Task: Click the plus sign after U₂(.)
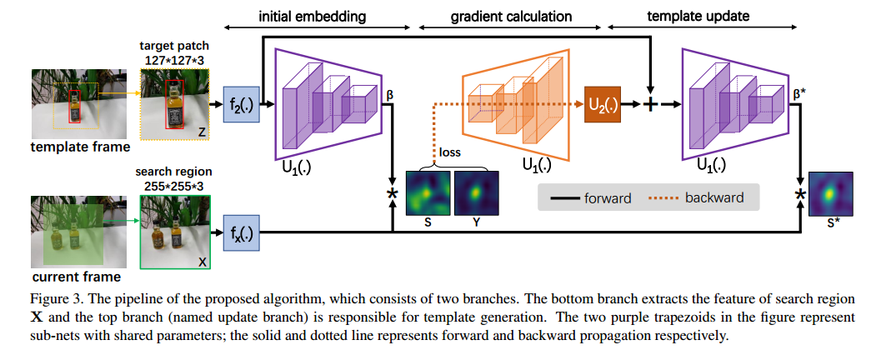pos(650,105)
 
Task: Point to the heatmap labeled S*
pos(828,196)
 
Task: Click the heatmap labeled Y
pos(476,193)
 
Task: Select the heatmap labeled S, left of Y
pos(428,193)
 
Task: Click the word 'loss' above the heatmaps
pos(451,153)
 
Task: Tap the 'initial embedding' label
pos(312,16)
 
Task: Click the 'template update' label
pos(698,16)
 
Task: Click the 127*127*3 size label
pos(175,60)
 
